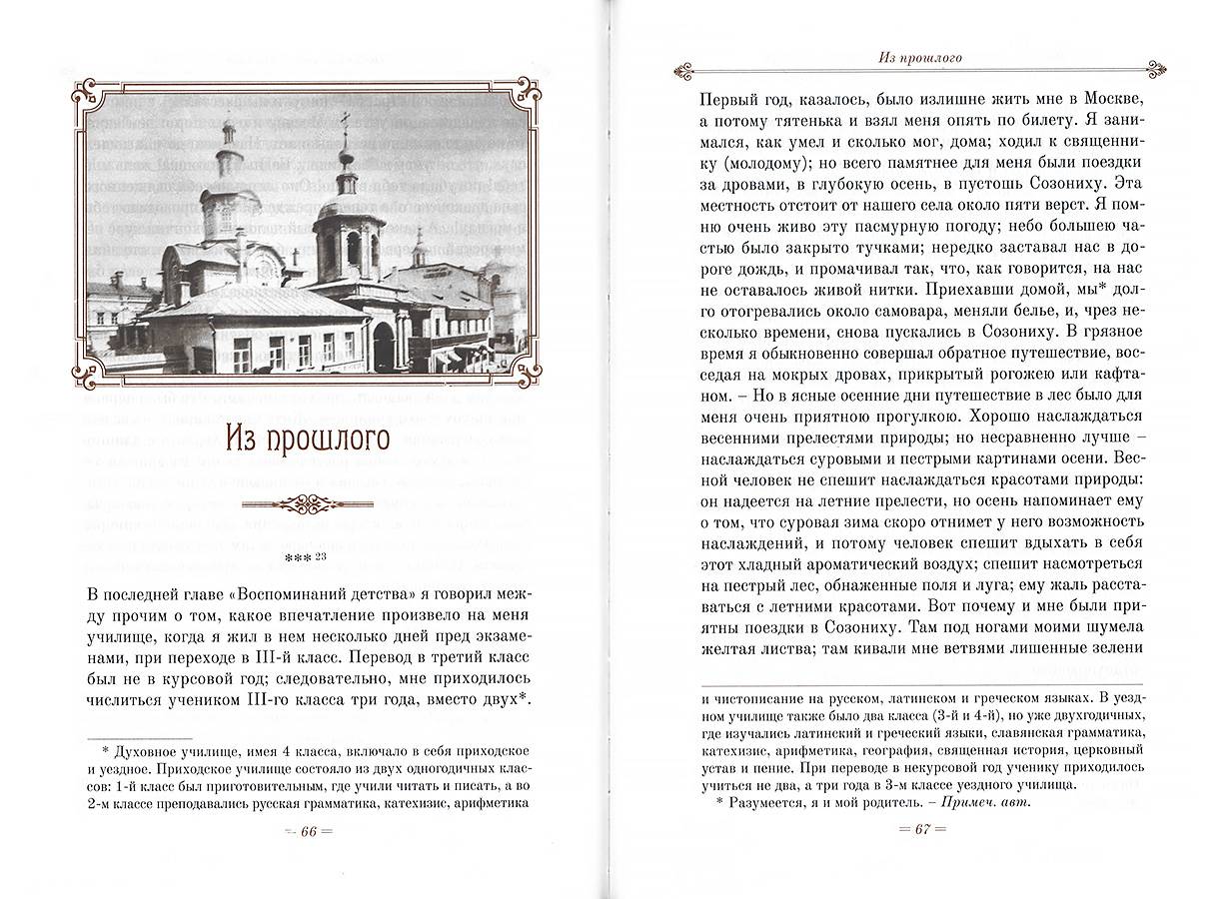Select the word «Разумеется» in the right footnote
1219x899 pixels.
pos(768,802)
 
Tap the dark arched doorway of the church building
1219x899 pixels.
pos(383,347)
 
